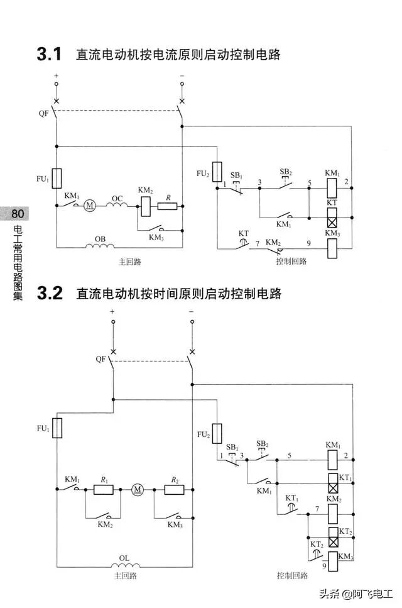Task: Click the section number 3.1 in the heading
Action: coord(48,55)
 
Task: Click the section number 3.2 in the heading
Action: coord(50,294)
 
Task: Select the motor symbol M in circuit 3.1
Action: coord(89,204)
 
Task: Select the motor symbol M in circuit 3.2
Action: coord(137,489)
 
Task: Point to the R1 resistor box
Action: coord(102,489)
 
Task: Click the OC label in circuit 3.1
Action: coord(117,198)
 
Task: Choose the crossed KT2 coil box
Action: coord(332,541)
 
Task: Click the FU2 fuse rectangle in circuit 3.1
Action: coord(217,172)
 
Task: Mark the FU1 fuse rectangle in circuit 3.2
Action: coord(57,428)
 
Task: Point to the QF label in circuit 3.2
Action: coord(100,359)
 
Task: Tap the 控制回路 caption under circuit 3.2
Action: coord(292,575)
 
